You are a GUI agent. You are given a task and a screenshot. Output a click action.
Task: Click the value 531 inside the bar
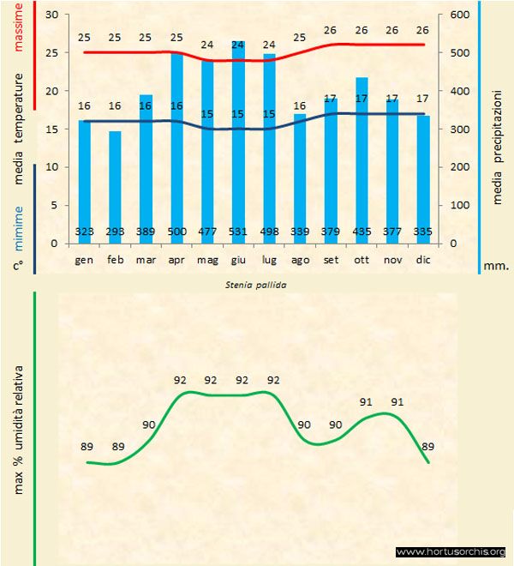[238, 232]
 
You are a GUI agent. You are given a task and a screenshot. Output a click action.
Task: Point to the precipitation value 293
[115, 232]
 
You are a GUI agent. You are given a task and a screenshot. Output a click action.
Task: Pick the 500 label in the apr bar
[176, 232]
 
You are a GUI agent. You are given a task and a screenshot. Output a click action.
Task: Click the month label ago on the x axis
[300, 259]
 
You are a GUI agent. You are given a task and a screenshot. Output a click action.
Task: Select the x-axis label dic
[422, 259]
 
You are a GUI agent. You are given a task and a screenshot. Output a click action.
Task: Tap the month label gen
[84, 259]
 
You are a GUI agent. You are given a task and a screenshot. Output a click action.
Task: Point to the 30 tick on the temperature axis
[52, 15]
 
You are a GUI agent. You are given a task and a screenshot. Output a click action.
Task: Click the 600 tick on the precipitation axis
[459, 15]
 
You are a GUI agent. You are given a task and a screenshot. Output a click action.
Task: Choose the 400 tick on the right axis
[459, 91]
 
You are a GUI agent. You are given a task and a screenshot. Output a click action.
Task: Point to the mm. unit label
[496, 266]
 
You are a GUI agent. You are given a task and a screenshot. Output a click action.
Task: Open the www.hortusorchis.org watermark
[451, 552]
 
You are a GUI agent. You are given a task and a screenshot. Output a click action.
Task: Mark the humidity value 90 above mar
[149, 424]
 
